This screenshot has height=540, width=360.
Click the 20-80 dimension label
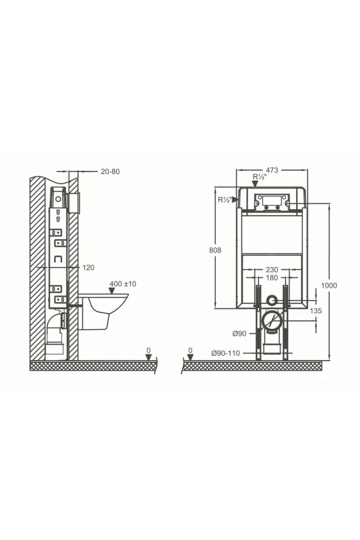tap(110, 171)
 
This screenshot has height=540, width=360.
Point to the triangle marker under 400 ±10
tap(111, 291)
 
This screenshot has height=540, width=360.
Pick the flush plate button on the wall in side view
tap(75, 203)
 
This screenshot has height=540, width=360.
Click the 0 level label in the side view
tap(148, 351)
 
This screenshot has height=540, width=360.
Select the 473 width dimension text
tap(272, 171)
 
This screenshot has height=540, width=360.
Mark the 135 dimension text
tap(316, 311)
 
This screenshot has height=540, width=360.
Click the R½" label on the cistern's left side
tap(224, 199)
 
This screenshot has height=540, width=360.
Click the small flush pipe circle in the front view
tap(272, 300)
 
